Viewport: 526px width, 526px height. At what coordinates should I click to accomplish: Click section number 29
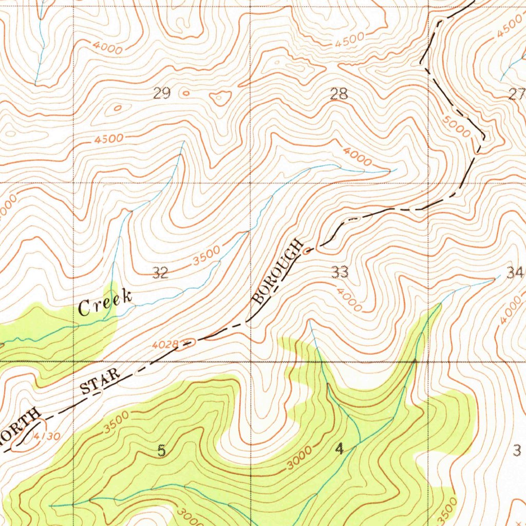[161, 93]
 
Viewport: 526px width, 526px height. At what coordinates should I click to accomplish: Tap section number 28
[339, 94]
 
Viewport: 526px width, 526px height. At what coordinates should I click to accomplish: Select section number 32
[160, 273]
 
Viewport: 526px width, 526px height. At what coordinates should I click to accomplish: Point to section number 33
[340, 272]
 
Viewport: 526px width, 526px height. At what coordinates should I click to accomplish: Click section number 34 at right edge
[515, 273]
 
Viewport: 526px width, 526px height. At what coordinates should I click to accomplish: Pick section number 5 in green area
[162, 451]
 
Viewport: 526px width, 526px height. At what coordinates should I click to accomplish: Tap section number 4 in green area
[339, 449]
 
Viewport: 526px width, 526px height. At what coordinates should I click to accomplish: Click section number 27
[517, 94]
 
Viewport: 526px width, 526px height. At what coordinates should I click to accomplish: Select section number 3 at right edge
[517, 450]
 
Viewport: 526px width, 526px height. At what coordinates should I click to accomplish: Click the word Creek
[105, 304]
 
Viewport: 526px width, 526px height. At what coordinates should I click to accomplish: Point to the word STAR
[101, 380]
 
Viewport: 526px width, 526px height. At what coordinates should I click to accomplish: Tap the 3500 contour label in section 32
[208, 255]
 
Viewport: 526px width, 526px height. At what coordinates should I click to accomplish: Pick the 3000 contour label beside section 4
[299, 458]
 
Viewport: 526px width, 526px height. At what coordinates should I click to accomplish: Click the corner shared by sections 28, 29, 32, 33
[250, 182]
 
